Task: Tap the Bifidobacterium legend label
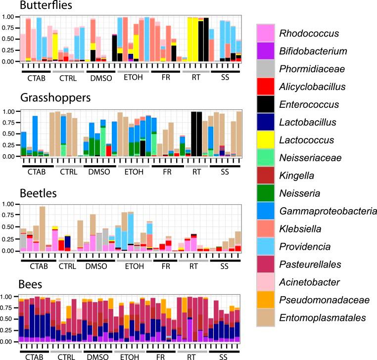point(317,51)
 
